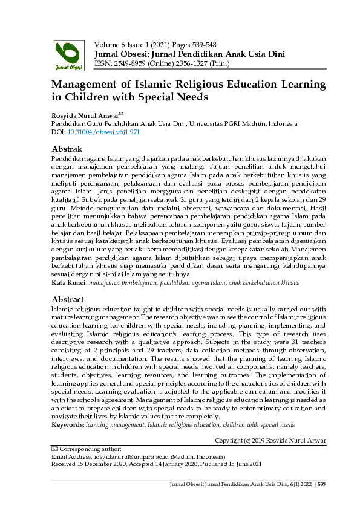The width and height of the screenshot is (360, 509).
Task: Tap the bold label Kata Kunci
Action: [x=68, y=282]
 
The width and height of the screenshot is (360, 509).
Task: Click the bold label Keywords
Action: [x=67, y=425]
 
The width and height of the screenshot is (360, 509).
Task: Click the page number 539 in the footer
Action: [x=322, y=484]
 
